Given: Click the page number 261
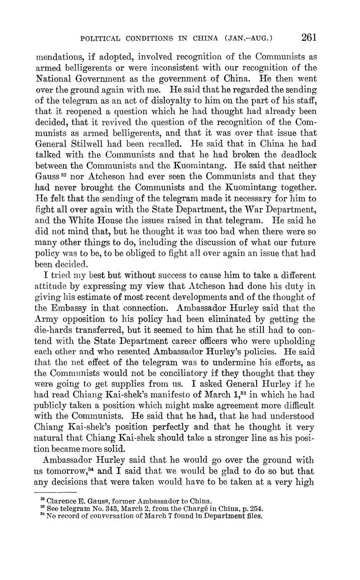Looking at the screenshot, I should tap(308, 37).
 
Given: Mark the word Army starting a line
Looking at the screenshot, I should tap(46, 319).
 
